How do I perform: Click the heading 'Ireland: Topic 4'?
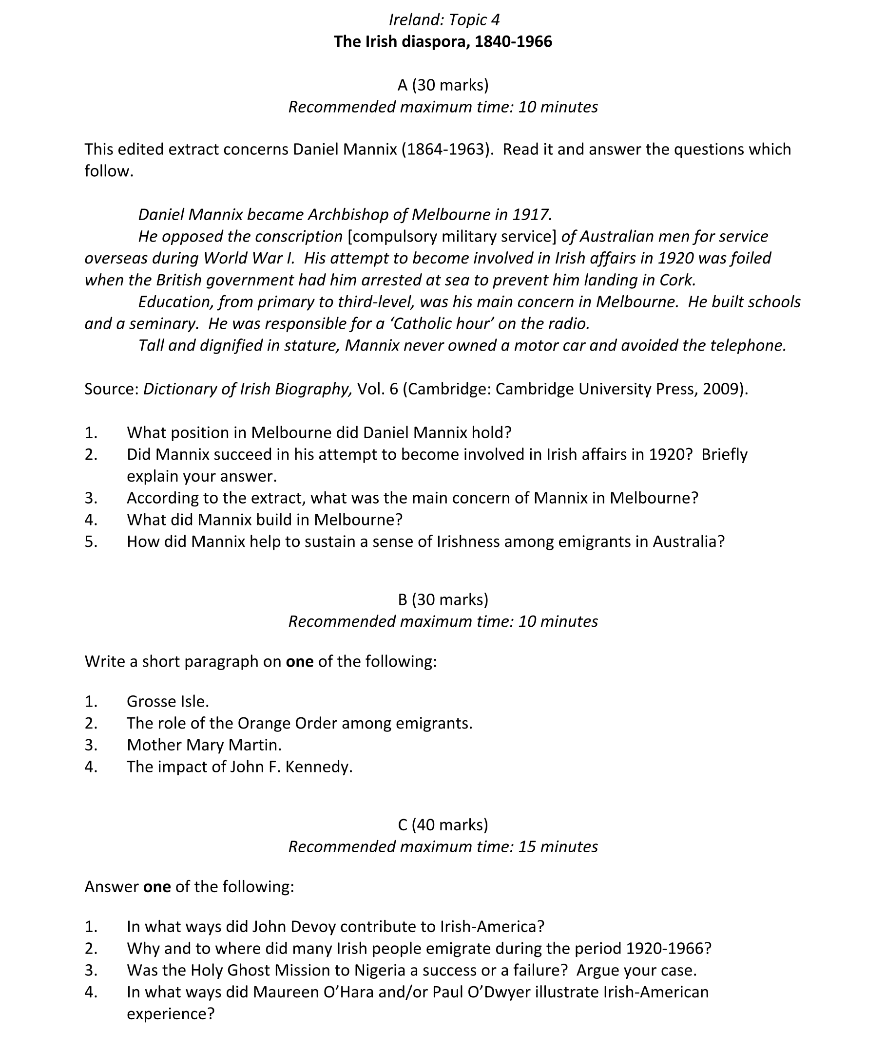click(444, 19)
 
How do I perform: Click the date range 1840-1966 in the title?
click(513, 42)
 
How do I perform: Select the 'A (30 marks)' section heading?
click(443, 85)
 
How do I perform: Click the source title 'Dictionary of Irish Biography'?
click(248, 389)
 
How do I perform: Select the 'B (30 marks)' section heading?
click(443, 599)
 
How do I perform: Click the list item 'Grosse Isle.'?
click(168, 701)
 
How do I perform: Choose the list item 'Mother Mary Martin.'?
click(204, 745)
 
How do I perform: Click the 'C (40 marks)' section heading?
click(443, 824)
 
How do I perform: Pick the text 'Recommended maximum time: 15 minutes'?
click(443, 847)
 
